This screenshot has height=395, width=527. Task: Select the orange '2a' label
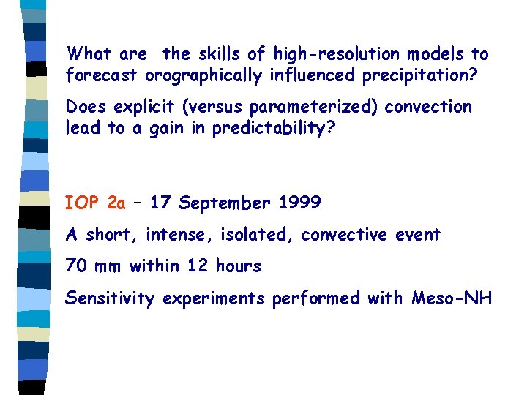tap(116, 203)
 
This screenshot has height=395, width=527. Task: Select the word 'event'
tap(418, 235)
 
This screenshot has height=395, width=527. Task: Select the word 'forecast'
tap(102, 75)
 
